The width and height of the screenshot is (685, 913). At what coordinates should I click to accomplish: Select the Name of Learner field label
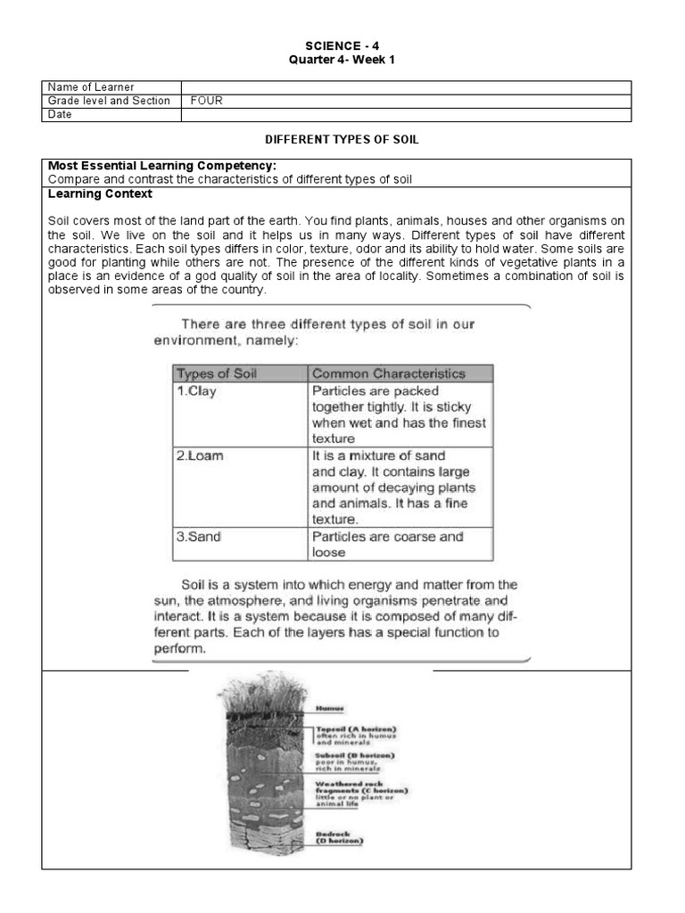coord(91,87)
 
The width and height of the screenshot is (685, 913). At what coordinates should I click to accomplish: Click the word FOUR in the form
coord(206,101)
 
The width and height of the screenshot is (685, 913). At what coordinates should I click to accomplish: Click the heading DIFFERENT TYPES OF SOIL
coord(342,140)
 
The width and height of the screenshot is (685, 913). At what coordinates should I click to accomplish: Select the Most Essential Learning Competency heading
coord(161,166)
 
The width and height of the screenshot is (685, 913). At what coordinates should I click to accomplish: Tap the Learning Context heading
coord(100,193)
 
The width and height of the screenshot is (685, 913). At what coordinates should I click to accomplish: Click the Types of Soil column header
coord(216,374)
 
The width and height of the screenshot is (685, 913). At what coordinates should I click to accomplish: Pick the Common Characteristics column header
coord(388,374)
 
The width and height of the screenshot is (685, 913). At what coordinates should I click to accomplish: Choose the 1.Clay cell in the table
coord(197,391)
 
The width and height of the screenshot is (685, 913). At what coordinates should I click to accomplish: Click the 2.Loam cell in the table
coord(200,456)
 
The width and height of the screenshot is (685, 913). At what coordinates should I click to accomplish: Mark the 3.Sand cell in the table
coord(200,537)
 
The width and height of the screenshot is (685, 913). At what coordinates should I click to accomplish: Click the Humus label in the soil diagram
coord(330,709)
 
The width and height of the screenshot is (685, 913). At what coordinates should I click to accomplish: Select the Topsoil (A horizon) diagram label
coord(355,728)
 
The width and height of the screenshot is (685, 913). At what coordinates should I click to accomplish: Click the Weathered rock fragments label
coord(360,786)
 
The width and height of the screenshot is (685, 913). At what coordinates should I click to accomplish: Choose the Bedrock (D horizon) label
coord(340,838)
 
